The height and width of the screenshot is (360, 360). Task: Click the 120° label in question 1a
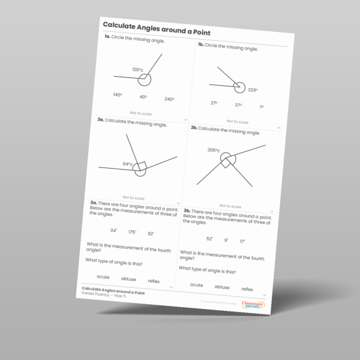point(138,70)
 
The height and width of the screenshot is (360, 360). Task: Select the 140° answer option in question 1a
point(118,95)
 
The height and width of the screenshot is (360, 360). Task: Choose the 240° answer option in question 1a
point(169,99)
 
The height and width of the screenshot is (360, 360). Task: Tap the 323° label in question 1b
point(253,90)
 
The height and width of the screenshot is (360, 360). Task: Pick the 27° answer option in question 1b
point(214,103)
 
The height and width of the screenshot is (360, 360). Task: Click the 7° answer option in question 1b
point(262,107)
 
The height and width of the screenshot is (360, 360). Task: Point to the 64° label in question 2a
point(128,164)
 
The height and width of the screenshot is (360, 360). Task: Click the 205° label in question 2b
point(214,150)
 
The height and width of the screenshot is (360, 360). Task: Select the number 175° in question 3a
point(132,232)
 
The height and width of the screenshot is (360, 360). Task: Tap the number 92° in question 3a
point(151,233)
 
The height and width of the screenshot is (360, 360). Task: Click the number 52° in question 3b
point(209,238)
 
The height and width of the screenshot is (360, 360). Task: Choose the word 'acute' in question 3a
point(103,277)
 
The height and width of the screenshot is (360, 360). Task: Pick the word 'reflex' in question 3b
point(247,289)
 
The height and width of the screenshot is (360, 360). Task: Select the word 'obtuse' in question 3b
point(221,287)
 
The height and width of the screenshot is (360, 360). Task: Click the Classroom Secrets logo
point(252,305)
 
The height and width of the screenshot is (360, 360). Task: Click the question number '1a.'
point(107,37)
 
